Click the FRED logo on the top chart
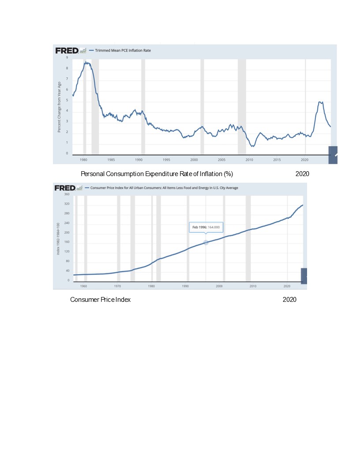pos(67,50)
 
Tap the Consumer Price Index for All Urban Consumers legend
pos(164,188)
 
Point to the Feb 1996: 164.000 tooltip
pos(206,228)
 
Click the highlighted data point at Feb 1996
pos(206,243)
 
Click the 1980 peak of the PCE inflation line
pos(87,63)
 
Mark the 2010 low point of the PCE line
pos(252,146)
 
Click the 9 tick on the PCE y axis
pos(67,58)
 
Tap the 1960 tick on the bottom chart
pos(83,286)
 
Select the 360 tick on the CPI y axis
pos(67,194)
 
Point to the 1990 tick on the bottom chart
pos(185,286)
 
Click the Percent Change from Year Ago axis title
pos(59,107)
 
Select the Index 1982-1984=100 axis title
pos(58,238)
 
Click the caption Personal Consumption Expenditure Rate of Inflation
pos(157,174)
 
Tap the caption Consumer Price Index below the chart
pos(100,300)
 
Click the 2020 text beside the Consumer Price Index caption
pos(289,300)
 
